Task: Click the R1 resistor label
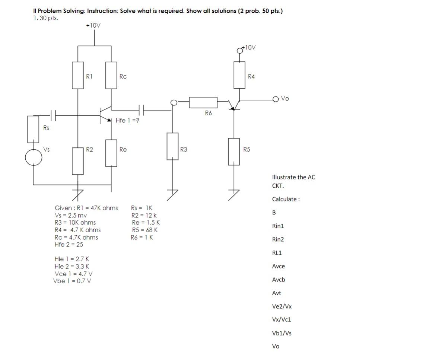click(x=89, y=76)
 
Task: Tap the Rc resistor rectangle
click(x=111, y=75)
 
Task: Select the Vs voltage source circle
click(x=34, y=157)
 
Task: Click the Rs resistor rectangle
click(x=33, y=129)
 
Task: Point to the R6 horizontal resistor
click(x=203, y=102)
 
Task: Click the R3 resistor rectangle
click(x=172, y=146)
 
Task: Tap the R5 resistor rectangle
click(x=234, y=151)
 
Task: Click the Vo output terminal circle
click(x=276, y=99)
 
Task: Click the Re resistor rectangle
click(x=111, y=153)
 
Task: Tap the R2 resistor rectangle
click(x=78, y=161)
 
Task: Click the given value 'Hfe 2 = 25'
click(x=69, y=245)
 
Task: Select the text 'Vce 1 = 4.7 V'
click(x=73, y=274)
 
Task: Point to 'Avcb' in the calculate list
click(x=279, y=280)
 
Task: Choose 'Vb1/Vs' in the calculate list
click(x=282, y=333)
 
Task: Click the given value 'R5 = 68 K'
click(x=145, y=230)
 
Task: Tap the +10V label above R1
click(x=93, y=25)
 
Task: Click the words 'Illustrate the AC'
click(x=293, y=177)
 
